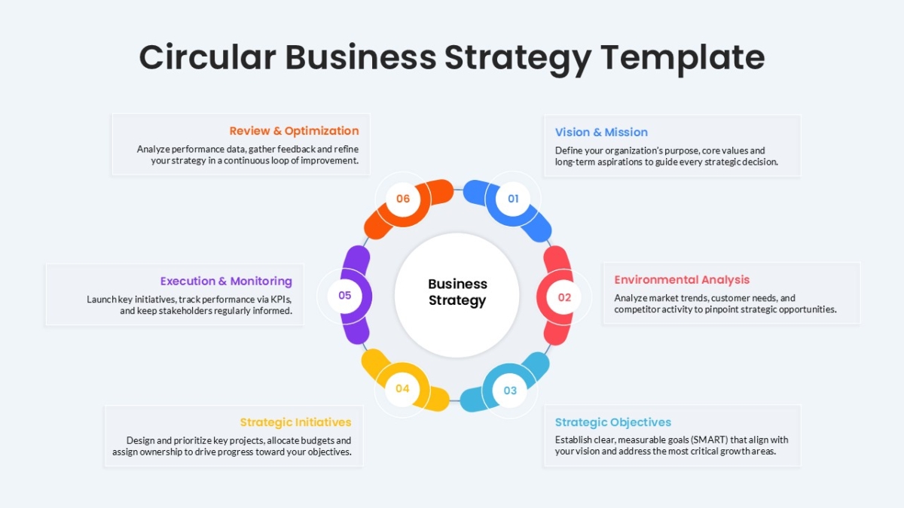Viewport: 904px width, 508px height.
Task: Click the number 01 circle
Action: click(x=513, y=199)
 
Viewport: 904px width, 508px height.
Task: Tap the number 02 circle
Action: click(x=564, y=297)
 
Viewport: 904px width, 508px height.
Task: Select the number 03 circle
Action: click(x=510, y=391)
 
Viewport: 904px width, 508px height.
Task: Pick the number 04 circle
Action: click(x=402, y=388)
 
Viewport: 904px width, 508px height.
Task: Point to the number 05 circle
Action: click(x=345, y=296)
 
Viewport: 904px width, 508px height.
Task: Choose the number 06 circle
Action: click(x=403, y=199)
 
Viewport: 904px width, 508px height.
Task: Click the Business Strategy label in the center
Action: click(x=457, y=292)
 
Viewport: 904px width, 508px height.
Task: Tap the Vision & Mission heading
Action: click(x=601, y=132)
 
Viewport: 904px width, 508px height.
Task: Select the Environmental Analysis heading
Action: click(x=682, y=280)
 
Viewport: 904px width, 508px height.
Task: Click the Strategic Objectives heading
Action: click(x=613, y=422)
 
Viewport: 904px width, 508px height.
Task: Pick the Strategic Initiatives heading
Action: click(x=295, y=422)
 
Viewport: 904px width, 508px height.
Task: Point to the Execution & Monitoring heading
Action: click(x=226, y=281)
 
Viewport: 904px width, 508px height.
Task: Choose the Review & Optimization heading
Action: click(x=294, y=131)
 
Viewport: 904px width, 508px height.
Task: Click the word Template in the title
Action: click(x=683, y=58)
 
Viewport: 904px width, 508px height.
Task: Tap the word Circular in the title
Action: click(x=207, y=57)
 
